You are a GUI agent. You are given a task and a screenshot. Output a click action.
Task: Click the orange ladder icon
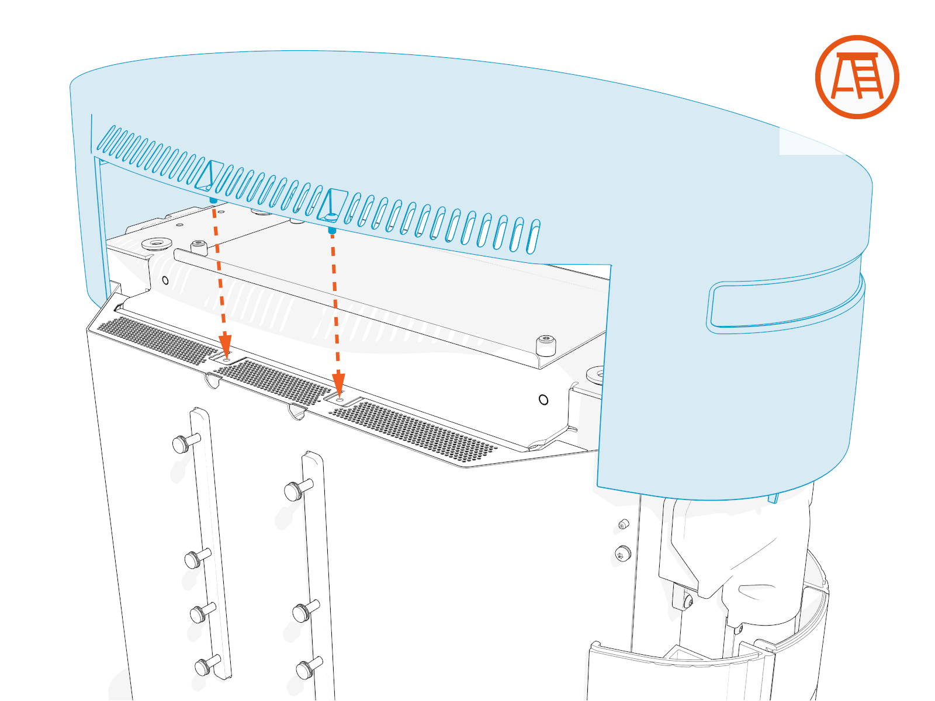tap(857, 77)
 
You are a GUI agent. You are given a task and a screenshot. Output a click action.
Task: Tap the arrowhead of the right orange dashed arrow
tap(338, 384)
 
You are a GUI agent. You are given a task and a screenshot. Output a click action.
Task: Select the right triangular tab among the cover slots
tap(333, 204)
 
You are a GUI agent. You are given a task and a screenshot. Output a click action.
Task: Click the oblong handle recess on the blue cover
tap(783, 306)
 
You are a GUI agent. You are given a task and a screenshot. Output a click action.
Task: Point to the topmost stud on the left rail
tap(183, 443)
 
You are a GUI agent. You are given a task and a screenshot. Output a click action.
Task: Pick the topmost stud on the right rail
tap(296, 490)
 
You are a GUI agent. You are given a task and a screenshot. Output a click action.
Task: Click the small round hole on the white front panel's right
tap(543, 400)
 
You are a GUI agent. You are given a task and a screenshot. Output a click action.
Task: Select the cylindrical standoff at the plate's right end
tap(546, 345)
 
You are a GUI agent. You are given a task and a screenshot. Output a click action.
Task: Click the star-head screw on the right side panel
tap(623, 553)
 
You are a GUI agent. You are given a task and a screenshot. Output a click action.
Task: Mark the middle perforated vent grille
tap(272, 382)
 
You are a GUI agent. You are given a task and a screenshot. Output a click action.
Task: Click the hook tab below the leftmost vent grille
tap(213, 381)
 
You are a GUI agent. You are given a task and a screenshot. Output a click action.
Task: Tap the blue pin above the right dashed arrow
tap(332, 231)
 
